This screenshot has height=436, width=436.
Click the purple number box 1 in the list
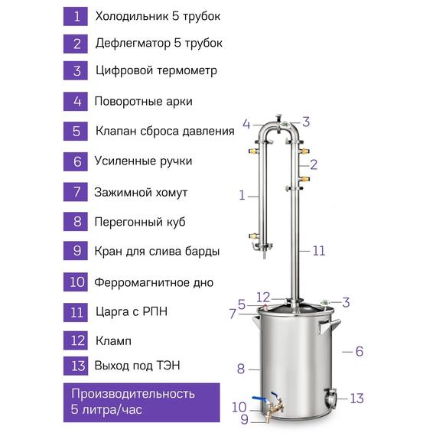(x=76, y=17)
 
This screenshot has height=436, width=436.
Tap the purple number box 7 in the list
(x=76, y=192)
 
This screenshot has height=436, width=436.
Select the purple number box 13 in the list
(x=76, y=366)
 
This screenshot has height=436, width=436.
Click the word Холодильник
(x=132, y=16)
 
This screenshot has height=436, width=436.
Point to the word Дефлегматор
(x=133, y=44)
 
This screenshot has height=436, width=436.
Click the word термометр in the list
(x=187, y=70)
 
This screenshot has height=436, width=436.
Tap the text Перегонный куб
(x=140, y=222)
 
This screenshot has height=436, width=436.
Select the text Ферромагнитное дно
(x=154, y=282)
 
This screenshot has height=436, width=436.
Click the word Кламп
(x=113, y=341)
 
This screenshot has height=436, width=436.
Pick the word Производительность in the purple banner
(x=133, y=394)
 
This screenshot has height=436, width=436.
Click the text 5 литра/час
(x=106, y=409)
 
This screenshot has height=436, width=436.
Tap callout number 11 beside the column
(x=319, y=251)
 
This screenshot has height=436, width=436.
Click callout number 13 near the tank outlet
(x=356, y=399)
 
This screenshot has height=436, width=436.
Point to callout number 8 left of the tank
(x=241, y=369)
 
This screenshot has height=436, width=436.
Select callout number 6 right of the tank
(x=360, y=351)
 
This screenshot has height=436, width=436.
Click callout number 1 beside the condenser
(x=242, y=196)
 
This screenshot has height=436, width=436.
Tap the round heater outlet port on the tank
(x=330, y=399)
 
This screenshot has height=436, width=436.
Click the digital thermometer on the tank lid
(x=324, y=302)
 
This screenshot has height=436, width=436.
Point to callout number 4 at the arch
(x=246, y=124)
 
